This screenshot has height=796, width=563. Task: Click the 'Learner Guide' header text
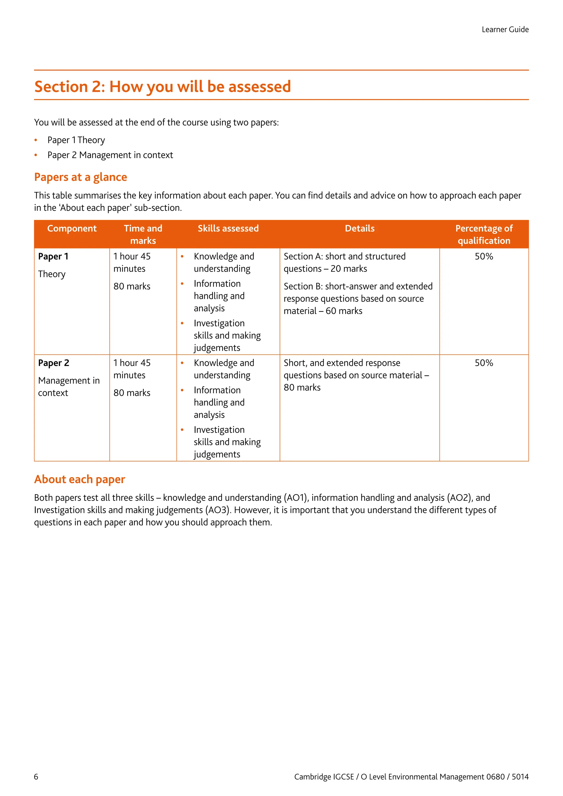(505, 29)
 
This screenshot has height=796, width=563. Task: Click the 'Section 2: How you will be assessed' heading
(162, 86)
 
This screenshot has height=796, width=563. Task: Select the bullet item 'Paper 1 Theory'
(76, 140)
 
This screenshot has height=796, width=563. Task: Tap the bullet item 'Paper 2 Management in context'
(110, 155)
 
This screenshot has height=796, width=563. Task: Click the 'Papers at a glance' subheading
(81, 177)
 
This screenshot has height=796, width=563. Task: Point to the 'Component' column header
(72, 228)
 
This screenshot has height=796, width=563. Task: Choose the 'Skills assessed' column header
(228, 228)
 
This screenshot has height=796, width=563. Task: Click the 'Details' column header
(360, 228)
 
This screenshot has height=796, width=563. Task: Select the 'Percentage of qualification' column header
(484, 234)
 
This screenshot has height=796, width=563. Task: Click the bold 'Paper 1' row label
(53, 256)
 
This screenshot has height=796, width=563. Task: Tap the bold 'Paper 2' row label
(53, 363)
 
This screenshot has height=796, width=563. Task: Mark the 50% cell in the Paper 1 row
(484, 256)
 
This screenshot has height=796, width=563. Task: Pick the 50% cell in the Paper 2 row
(484, 363)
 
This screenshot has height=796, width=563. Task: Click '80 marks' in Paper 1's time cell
(132, 286)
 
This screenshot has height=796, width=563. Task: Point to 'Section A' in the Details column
(303, 256)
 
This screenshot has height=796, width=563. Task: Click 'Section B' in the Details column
(303, 286)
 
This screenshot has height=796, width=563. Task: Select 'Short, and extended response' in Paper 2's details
(342, 363)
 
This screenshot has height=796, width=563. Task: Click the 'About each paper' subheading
(79, 479)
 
